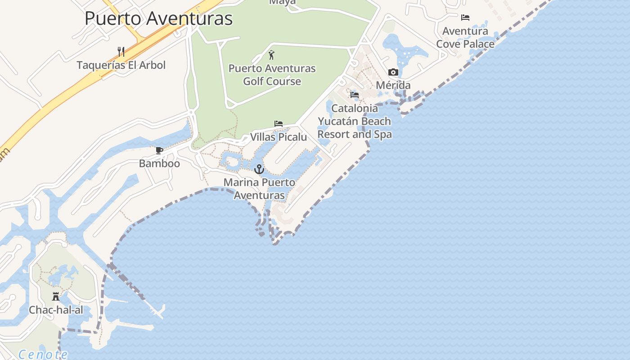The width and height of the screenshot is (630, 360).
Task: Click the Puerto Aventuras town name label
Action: pos(158,19)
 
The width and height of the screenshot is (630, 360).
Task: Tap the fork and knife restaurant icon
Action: pos(121,51)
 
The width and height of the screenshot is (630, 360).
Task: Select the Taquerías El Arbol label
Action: pos(121,65)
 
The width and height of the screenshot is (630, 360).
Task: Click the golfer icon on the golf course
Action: pos(271,55)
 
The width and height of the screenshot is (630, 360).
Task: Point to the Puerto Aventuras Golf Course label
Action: pos(272,75)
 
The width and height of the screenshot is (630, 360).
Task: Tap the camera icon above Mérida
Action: pos(393,72)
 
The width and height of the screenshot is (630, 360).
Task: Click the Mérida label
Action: pos(393,85)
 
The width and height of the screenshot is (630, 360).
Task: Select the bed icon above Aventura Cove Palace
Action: pos(465,18)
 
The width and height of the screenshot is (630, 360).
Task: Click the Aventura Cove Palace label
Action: pos(465,37)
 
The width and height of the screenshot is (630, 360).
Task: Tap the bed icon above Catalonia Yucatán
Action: pos(355,95)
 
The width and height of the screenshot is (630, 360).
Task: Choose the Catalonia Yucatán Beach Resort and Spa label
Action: pos(355,121)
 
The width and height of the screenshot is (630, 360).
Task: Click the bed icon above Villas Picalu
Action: pos(279,124)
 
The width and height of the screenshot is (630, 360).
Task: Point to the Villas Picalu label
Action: pos(279,137)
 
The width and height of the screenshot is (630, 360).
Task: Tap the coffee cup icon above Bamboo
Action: pos(159,150)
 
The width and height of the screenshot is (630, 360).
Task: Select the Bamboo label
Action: pos(159,163)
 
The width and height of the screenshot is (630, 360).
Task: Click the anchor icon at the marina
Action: pos(259,169)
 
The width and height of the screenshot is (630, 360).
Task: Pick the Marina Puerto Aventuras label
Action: pos(260,189)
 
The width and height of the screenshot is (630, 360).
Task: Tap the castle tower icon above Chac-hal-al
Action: pos(56,297)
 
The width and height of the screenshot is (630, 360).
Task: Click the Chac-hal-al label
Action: pos(56,310)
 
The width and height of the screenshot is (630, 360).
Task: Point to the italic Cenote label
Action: pos(43,355)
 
